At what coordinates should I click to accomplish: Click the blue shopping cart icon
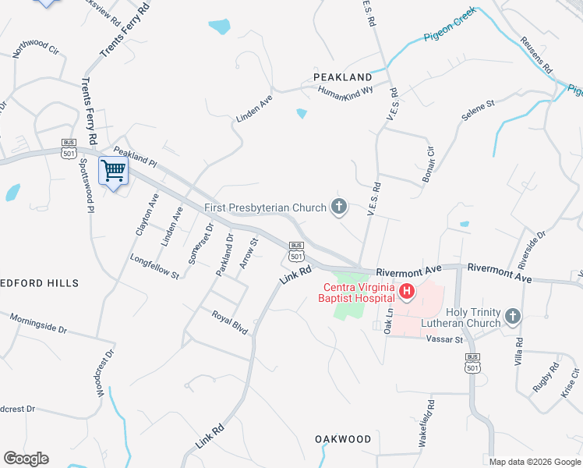[113, 171]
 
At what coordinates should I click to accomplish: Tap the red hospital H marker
[406, 292]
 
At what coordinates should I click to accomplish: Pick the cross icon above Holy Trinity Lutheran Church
[512, 316]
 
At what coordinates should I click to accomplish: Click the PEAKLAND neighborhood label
[343, 77]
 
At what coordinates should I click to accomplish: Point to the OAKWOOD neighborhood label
[343, 439]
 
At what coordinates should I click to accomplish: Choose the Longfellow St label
[155, 265]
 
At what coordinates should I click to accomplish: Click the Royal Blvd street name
[230, 321]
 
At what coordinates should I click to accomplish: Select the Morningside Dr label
[38, 323]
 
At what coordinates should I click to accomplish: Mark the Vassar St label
[445, 339]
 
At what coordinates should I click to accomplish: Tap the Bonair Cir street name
[427, 164]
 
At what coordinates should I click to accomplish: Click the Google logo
[26, 459]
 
